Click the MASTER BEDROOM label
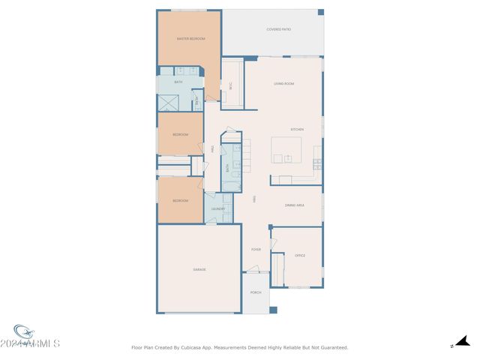tap(190, 38)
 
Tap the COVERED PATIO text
tap(279, 29)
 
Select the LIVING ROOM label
tap(283, 83)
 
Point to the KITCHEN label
tap(297, 129)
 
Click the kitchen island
tap(286, 149)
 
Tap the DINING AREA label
tap(294, 205)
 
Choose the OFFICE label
tap(300, 256)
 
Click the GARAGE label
tap(199, 269)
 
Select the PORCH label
tap(256, 292)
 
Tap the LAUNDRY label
tap(218, 209)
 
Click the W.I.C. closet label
tap(231, 84)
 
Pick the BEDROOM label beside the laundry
tap(180, 201)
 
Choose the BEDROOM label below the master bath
tap(180, 135)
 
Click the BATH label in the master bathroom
tap(178, 82)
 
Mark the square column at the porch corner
tap(274, 310)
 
